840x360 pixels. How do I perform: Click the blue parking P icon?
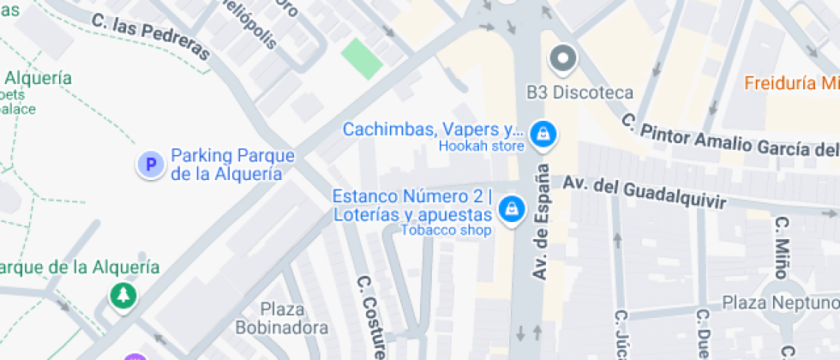click(x=151, y=165)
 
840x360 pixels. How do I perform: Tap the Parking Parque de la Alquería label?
click(x=232, y=165)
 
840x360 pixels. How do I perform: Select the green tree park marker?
click(x=123, y=296)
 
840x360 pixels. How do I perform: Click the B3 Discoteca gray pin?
click(x=563, y=59)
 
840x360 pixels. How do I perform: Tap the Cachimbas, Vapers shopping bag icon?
click(x=542, y=133)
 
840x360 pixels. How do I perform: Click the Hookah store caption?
click(x=481, y=146)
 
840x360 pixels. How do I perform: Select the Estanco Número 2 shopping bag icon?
click(x=512, y=207)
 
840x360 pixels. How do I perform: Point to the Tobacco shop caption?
click(x=446, y=230)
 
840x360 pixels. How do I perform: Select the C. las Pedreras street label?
click(x=150, y=35)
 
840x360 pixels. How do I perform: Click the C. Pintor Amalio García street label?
click(x=729, y=137)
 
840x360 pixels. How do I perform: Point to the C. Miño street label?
click(x=780, y=247)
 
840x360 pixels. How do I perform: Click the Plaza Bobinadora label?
click(x=282, y=318)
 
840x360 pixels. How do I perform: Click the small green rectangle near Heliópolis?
click(x=362, y=58)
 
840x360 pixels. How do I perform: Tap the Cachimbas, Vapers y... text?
click(x=432, y=129)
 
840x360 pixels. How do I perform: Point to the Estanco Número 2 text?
click(x=412, y=195)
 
